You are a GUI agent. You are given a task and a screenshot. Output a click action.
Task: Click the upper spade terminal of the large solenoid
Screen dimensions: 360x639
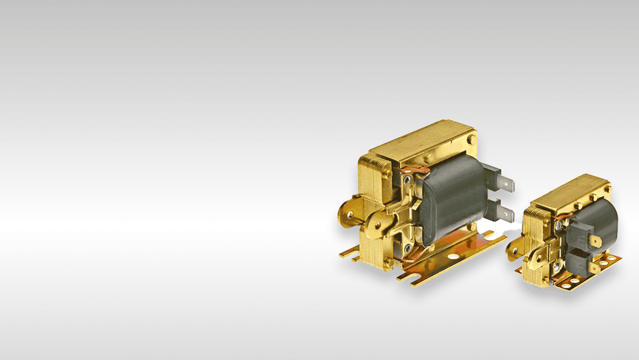click(504, 182)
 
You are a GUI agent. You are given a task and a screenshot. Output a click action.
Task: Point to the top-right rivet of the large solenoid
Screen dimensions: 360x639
click(472, 139)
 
